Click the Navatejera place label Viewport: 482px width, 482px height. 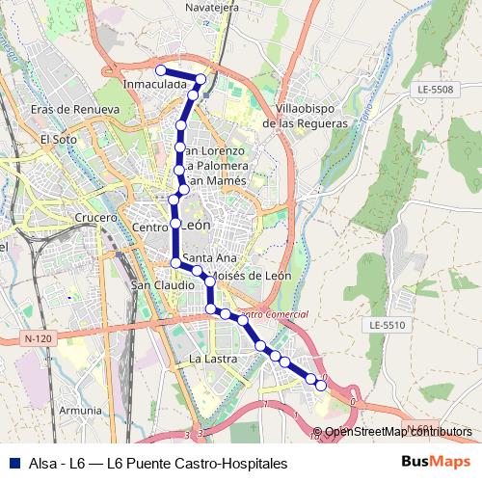pyautogui.click(x=211, y=8)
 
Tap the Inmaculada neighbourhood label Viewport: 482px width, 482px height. pyautogui.click(x=155, y=85)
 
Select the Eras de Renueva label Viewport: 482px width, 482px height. pyautogui.click(x=74, y=110)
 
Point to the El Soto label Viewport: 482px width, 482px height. pyautogui.click(x=58, y=139)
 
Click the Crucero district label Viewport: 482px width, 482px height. pyautogui.click(x=94, y=218)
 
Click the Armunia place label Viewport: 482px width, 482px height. pyautogui.click(x=78, y=410)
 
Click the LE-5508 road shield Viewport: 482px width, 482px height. pyautogui.click(x=436, y=90)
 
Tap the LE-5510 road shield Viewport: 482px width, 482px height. pyautogui.click(x=388, y=326)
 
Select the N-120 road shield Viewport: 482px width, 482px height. pyautogui.click(x=39, y=338)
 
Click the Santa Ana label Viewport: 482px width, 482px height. pyautogui.click(x=209, y=258)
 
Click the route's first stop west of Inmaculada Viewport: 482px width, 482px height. pyautogui.click(x=161, y=69)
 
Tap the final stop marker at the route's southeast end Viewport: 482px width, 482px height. pyautogui.click(x=321, y=387)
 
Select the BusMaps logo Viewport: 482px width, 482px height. pyautogui.click(x=436, y=463)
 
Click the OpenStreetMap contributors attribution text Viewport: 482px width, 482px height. pyautogui.click(x=398, y=431)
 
